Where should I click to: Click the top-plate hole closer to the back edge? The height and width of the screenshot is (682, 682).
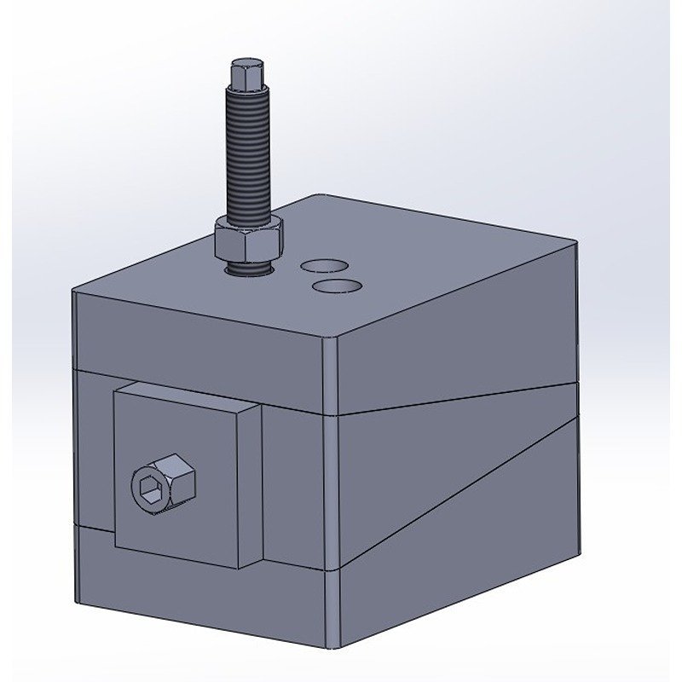coord(321,266)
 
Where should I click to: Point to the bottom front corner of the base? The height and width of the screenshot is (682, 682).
coord(334,644)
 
